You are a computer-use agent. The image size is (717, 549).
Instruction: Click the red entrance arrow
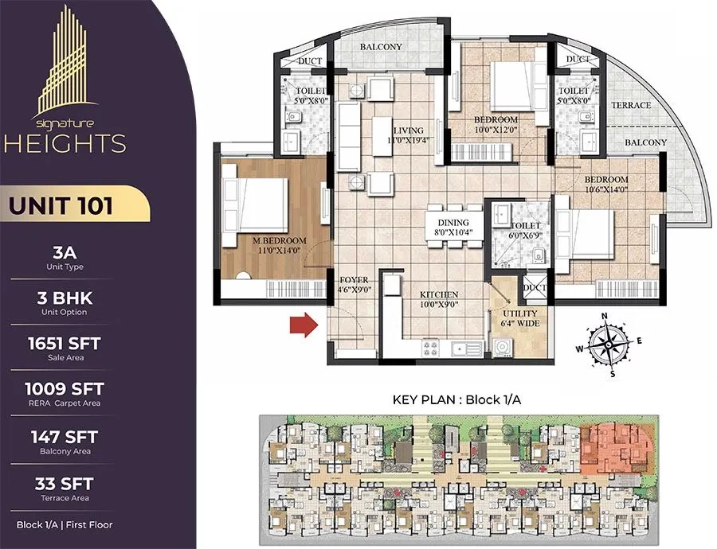(304, 325)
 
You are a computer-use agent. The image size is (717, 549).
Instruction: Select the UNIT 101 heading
(61, 205)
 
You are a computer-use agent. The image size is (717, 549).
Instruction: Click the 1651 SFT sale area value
(65, 344)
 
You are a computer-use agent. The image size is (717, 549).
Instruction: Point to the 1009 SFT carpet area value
(65, 389)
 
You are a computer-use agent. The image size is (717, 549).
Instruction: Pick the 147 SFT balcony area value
(65, 437)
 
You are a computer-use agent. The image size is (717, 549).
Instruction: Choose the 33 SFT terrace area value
(65, 484)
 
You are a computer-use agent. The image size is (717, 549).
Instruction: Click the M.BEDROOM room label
(280, 240)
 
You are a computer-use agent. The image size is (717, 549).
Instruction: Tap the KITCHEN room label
(439, 294)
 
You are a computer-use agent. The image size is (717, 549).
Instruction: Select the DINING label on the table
(453, 223)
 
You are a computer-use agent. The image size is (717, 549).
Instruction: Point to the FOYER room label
(354, 280)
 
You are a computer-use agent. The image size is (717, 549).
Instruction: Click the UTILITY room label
(520, 313)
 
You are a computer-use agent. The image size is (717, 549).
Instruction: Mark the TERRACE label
(631, 105)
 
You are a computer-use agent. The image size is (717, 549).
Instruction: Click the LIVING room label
(409, 130)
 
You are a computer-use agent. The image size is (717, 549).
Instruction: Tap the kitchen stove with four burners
(430, 348)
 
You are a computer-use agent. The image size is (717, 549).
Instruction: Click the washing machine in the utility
(503, 348)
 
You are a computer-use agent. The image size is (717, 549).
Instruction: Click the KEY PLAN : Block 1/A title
(456, 399)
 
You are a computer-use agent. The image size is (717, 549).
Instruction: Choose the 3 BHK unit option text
(65, 298)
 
